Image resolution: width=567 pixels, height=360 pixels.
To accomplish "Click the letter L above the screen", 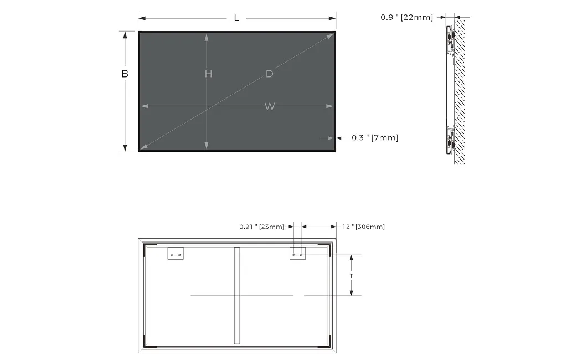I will click(x=236, y=18).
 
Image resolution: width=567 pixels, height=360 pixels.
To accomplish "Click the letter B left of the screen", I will click(x=125, y=74).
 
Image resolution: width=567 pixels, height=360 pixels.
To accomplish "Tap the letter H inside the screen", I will click(x=208, y=74).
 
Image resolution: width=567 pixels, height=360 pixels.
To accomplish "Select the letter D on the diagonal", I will click(x=269, y=74).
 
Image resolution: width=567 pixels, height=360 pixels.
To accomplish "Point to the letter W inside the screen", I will click(x=269, y=106).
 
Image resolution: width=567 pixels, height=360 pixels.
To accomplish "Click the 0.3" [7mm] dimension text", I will click(x=375, y=137).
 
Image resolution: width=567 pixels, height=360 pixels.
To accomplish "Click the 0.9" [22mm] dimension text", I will click(x=406, y=17).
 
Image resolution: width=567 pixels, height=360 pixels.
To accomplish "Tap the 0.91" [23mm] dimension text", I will click(x=261, y=227).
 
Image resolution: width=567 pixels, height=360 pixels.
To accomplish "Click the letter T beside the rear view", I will click(x=351, y=275).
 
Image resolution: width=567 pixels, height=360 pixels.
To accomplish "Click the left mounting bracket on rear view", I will click(x=176, y=254).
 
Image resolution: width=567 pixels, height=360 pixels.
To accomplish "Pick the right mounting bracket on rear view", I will click(x=297, y=254).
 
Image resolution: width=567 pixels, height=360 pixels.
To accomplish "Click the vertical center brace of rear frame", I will click(x=237, y=296).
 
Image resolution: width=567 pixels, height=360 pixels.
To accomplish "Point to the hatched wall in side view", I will click(x=461, y=89).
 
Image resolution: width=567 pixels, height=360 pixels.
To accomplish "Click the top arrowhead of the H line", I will click(x=207, y=37).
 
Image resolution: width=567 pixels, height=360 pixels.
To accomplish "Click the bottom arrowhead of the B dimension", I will click(x=125, y=148).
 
